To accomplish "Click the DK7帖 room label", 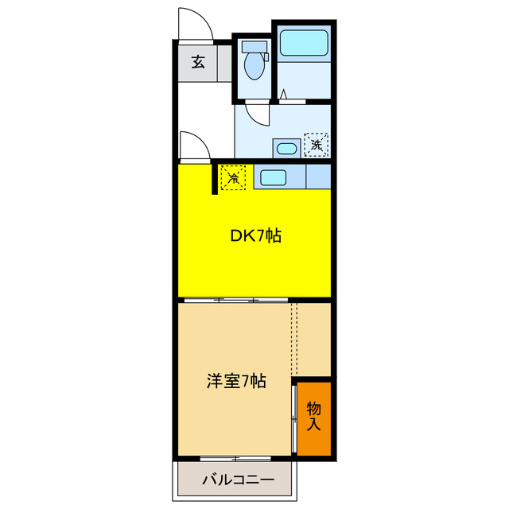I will [x=255, y=236].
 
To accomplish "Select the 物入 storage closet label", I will [x=314, y=416].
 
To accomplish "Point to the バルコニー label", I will [x=237, y=480].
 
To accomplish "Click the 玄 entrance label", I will [x=198, y=62].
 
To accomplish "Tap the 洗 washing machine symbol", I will [x=317, y=144].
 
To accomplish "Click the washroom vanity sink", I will [x=286, y=148].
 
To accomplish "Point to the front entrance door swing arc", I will [x=194, y=24].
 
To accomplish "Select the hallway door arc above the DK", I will [x=194, y=147].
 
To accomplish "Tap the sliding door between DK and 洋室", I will [x=235, y=300].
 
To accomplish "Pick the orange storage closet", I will [x=314, y=418].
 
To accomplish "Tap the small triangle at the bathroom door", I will [x=282, y=96].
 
